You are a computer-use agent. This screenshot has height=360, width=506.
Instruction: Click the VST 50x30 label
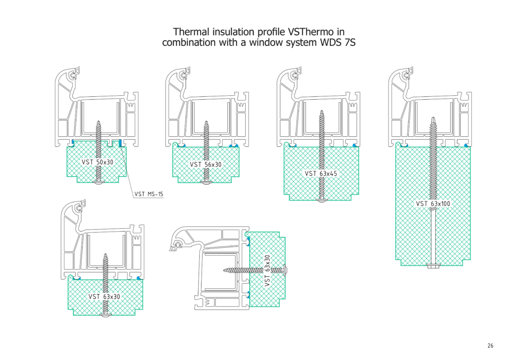tap(97, 162)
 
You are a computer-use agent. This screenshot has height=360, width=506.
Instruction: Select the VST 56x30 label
tap(206, 164)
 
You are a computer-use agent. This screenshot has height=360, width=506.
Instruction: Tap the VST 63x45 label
tap(321, 173)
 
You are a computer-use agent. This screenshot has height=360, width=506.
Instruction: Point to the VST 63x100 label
tap(433, 203)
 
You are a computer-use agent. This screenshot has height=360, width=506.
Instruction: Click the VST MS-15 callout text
tap(148, 194)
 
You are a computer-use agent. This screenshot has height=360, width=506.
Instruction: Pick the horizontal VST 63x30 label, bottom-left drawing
tap(104, 296)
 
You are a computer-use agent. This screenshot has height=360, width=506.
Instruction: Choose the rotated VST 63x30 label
tap(267, 270)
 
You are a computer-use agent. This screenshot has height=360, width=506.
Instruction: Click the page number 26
tap(490, 346)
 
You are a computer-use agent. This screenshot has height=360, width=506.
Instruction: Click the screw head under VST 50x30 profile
tap(98, 183)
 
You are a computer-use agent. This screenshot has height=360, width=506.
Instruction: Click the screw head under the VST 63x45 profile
tap(322, 201)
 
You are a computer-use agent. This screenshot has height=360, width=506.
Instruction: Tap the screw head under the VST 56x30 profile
tap(206, 183)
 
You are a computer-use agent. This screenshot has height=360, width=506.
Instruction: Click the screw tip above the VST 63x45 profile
tap(322, 112)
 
